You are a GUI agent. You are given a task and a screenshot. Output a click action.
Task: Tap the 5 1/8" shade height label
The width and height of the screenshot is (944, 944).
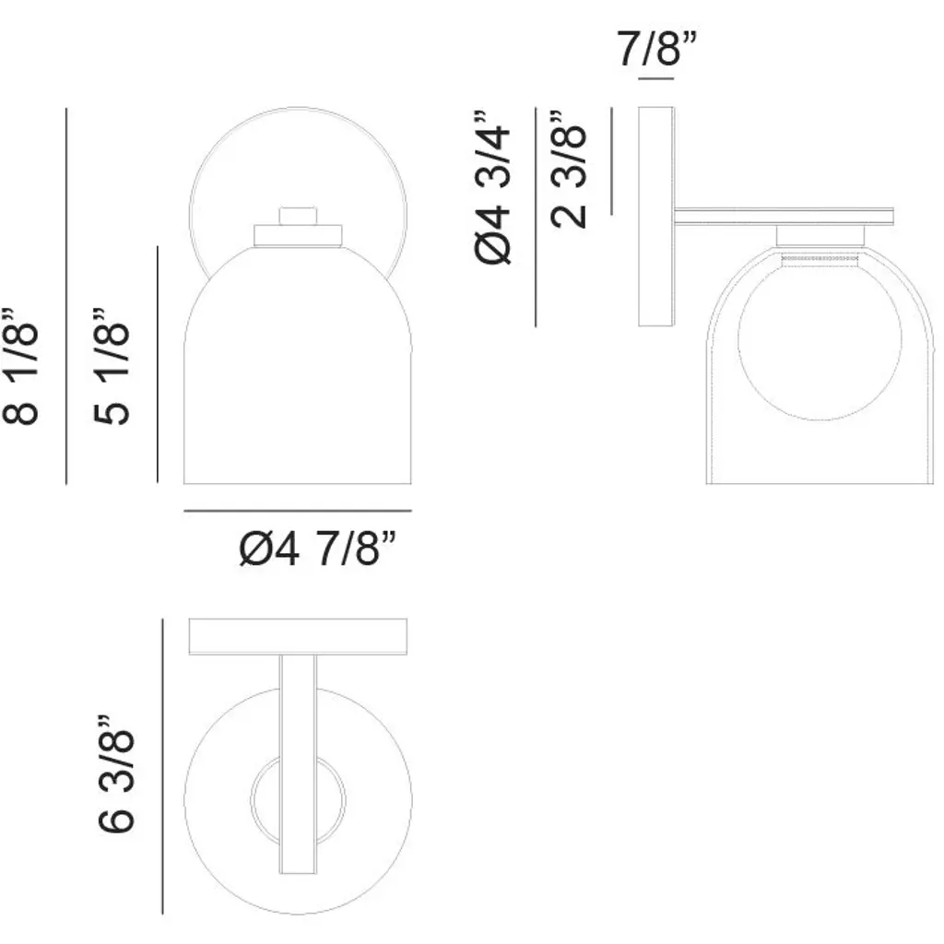112,367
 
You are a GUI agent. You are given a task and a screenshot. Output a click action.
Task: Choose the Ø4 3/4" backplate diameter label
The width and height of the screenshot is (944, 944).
492,187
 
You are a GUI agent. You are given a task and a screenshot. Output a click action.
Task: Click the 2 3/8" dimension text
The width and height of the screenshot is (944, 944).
568,170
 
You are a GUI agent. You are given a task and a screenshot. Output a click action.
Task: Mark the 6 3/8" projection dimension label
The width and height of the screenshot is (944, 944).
115,774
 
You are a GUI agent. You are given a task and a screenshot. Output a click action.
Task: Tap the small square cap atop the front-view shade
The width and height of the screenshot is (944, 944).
298,216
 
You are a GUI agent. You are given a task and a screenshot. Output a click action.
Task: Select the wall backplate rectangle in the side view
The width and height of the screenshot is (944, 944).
655,217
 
